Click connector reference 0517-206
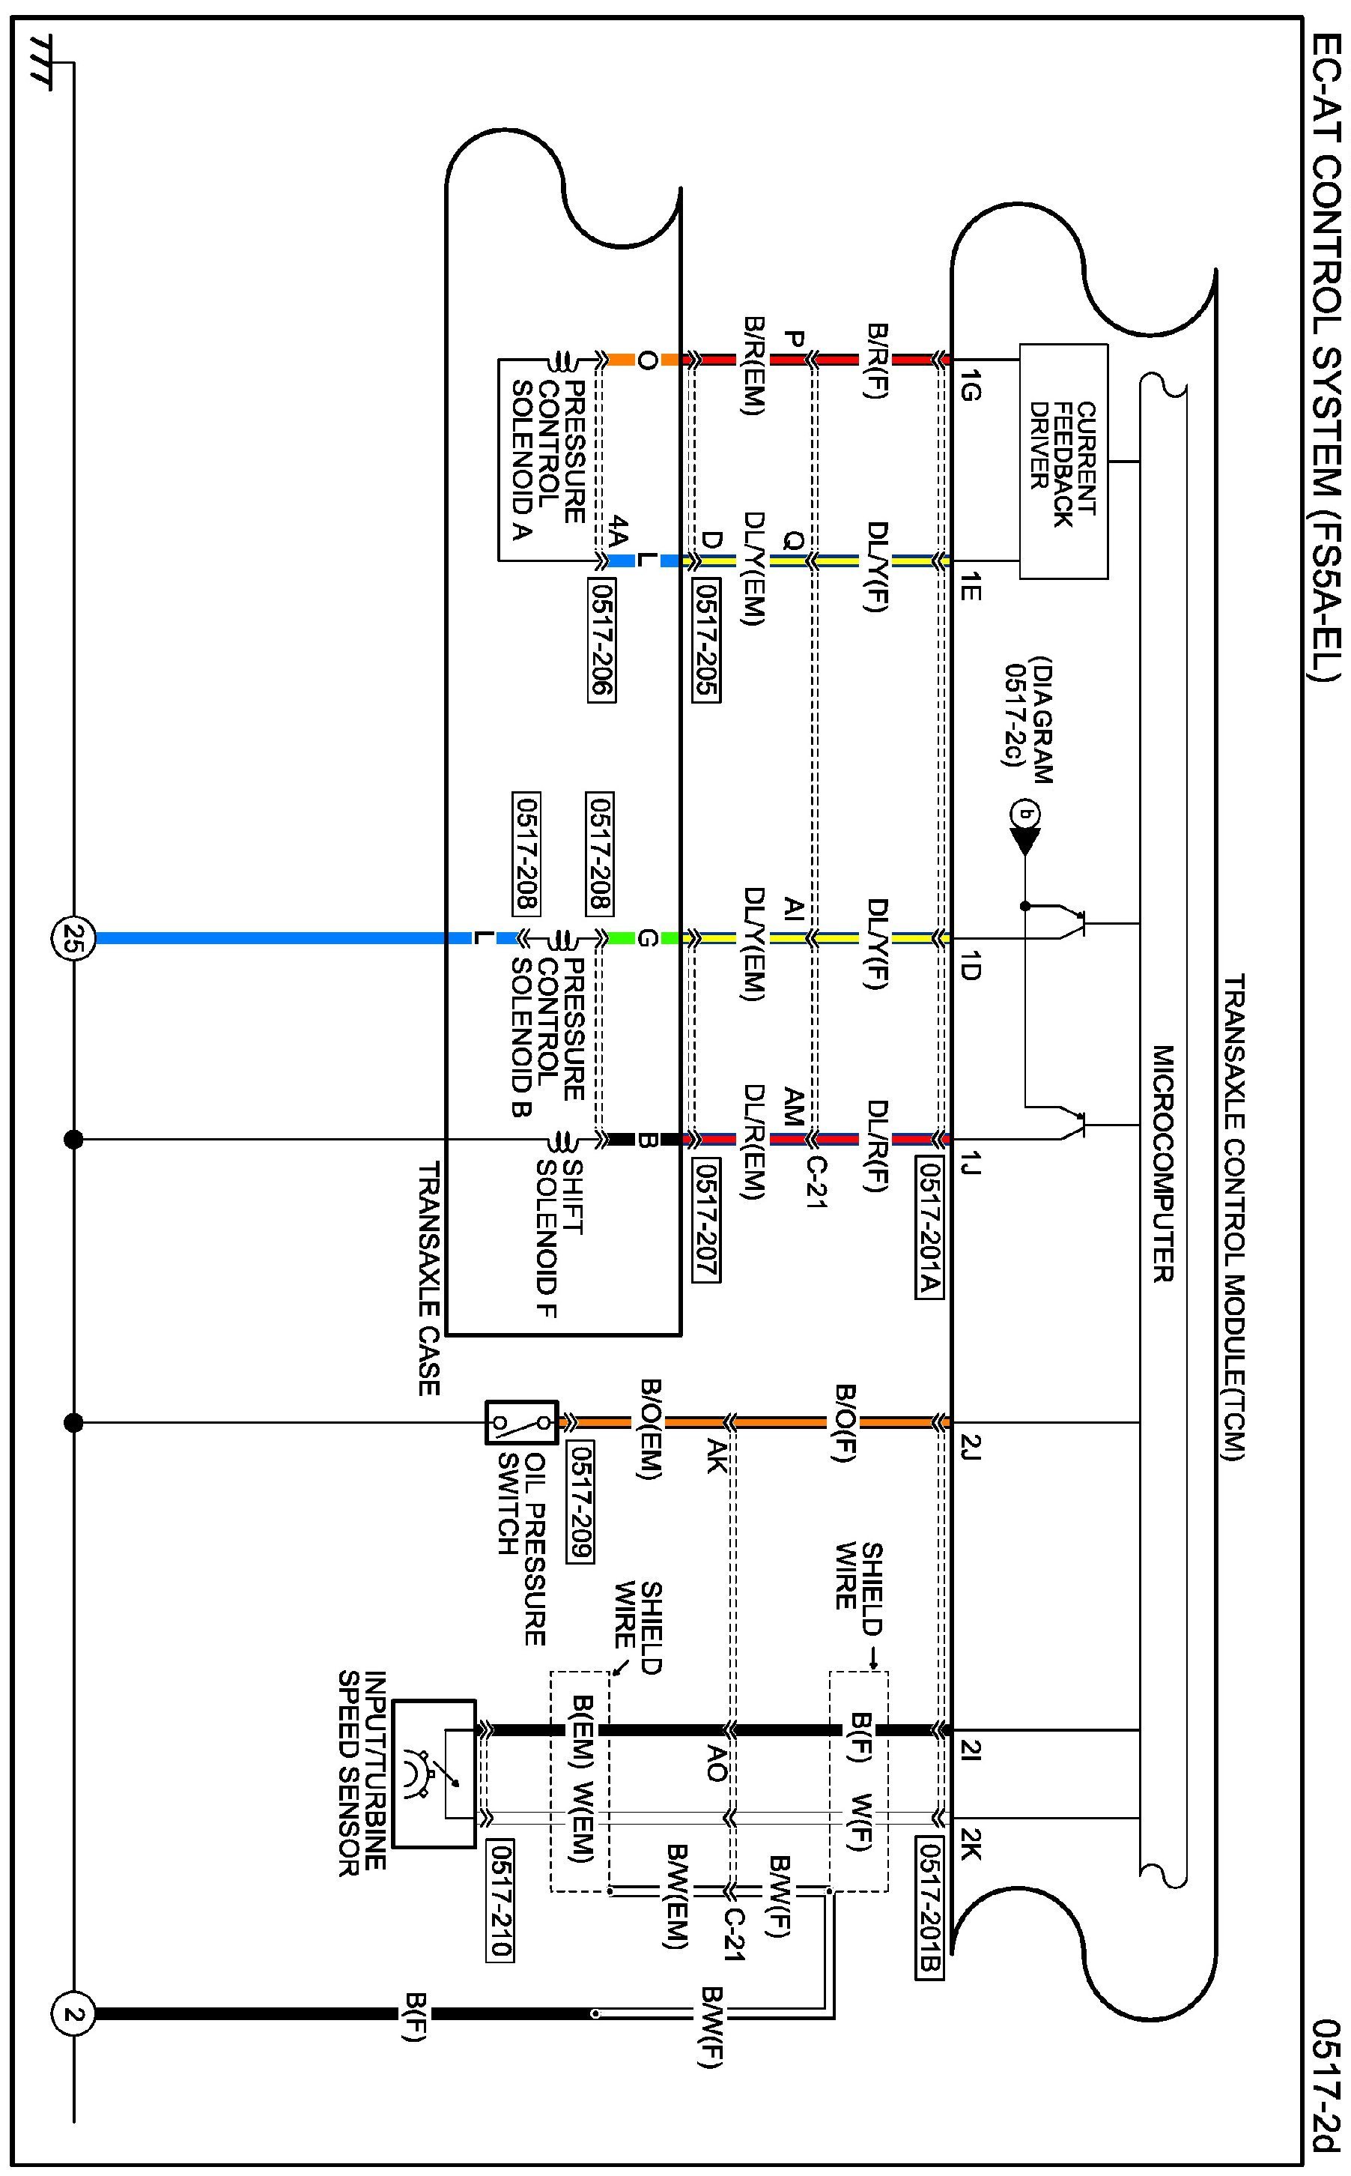click(602, 640)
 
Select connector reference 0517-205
click(706, 640)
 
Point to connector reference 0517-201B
click(929, 1912)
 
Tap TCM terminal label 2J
click(971, 1446)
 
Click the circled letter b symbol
click(1025, 814)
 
